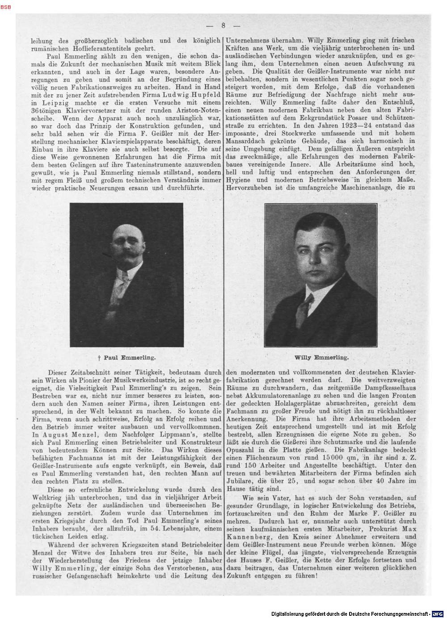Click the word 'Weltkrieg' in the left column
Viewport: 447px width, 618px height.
click(45, 496)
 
